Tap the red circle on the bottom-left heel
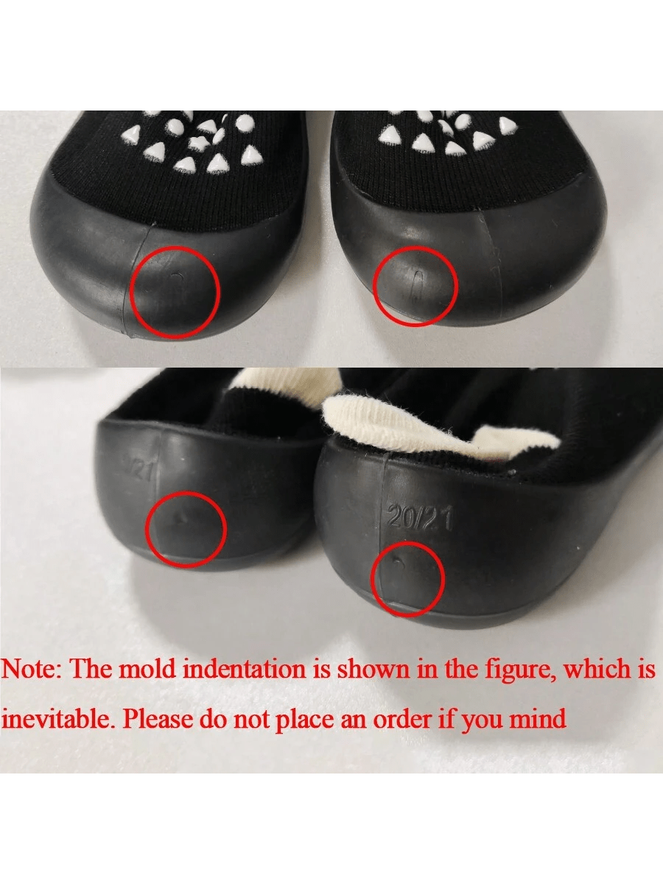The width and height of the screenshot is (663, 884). pos(147,530)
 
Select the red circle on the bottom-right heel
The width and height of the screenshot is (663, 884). pos(372,579)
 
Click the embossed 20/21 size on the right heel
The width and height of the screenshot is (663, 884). pos(420,519)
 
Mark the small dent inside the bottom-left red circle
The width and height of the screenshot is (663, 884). pos(180,519)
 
